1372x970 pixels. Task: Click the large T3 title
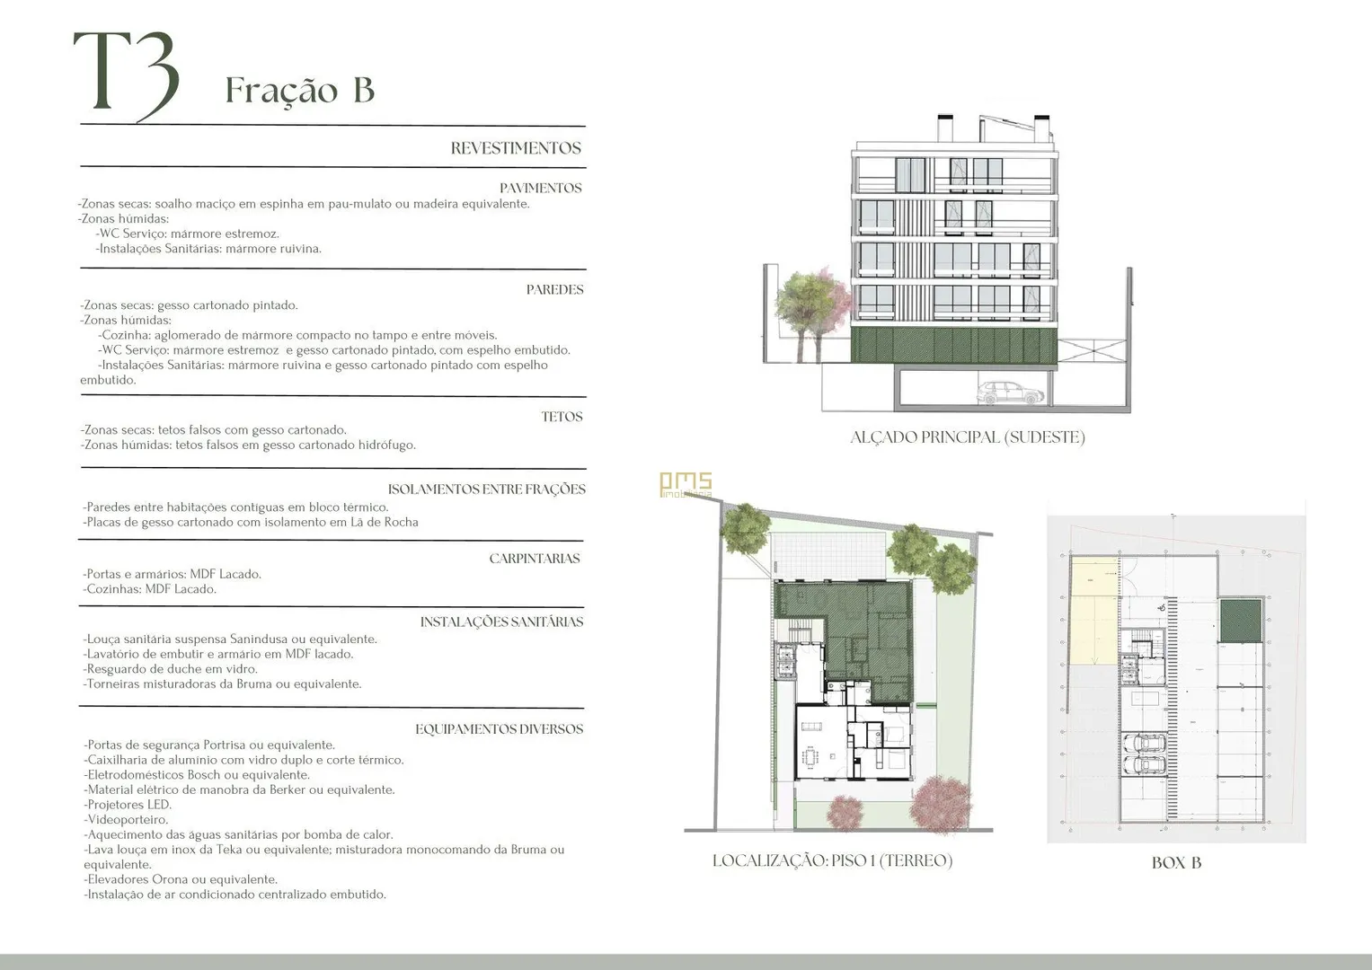tap(127, 75)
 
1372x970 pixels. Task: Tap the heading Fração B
tap(299, 91)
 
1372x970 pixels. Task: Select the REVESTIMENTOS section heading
tap(516, 148)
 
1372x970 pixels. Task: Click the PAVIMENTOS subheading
tap(540, 188)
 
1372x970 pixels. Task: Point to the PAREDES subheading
tap(555, 289)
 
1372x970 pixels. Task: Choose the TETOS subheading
tap(562, 417)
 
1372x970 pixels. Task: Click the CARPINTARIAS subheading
tap(534, 559)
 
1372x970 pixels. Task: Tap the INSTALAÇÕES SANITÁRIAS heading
tap(501, 622)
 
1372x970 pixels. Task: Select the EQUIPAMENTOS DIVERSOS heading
tap(500, 729)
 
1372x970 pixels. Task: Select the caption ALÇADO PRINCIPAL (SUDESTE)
tap(968, 437)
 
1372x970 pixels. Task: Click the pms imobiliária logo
tap(686, 484)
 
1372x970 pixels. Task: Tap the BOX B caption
tap(1177, 863)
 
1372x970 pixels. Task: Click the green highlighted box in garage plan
tap(1240, 621)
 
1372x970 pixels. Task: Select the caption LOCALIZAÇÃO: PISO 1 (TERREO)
tap(832, 861)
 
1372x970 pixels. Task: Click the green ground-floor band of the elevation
tap(953, 346)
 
